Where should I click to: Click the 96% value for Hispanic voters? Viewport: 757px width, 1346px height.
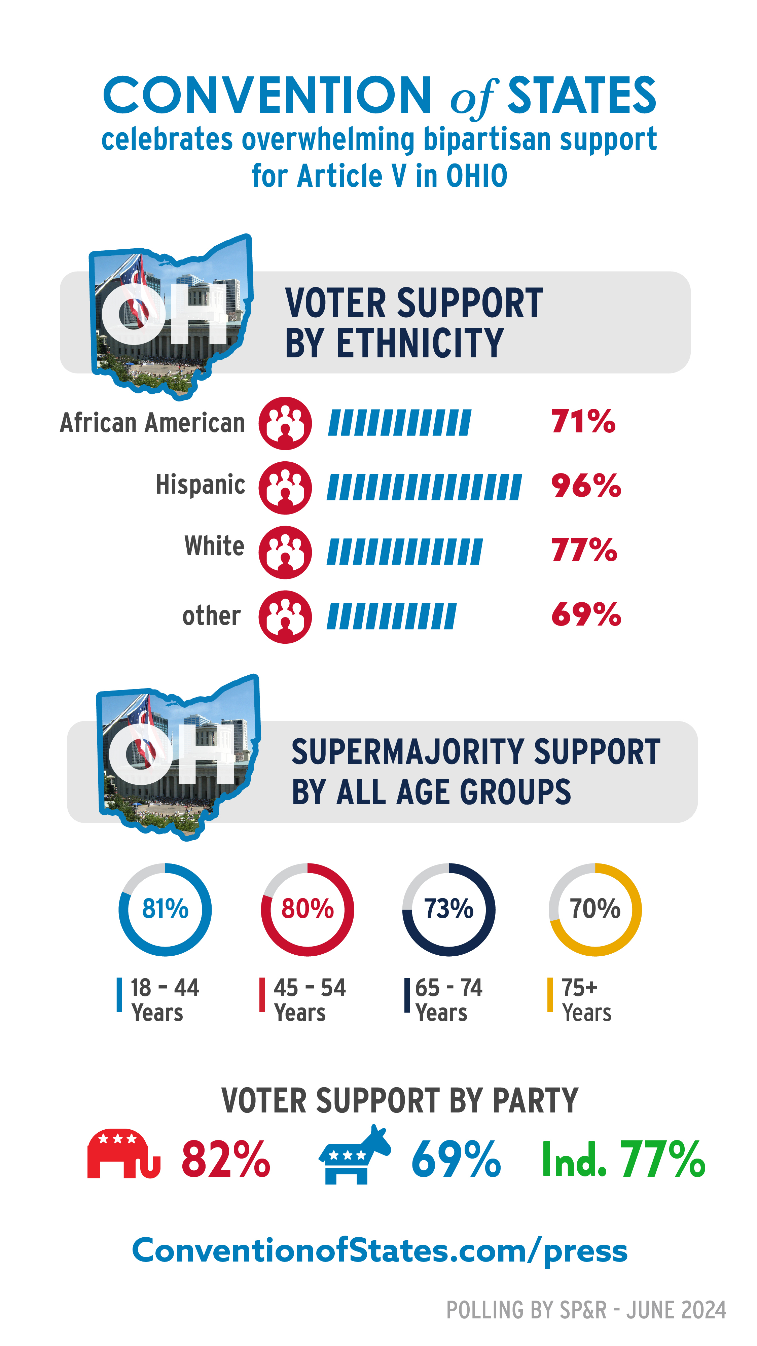[586, 486]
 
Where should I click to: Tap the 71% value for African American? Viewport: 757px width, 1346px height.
[583, 421]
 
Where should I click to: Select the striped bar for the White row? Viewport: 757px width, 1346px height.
[404, 552]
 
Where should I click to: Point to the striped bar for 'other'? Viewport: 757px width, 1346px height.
[391, 616]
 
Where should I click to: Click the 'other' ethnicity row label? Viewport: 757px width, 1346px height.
[212, 615]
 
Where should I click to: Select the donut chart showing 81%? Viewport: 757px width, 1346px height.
[165, 909]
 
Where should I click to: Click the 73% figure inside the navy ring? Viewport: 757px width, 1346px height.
[448, 909]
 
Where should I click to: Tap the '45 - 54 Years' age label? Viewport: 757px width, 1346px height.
[309, 999]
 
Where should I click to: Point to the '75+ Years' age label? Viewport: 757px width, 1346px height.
[586, 999]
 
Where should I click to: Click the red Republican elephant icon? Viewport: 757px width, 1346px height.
[123, 1154]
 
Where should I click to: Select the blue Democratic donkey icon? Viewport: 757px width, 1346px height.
[355, 1155]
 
